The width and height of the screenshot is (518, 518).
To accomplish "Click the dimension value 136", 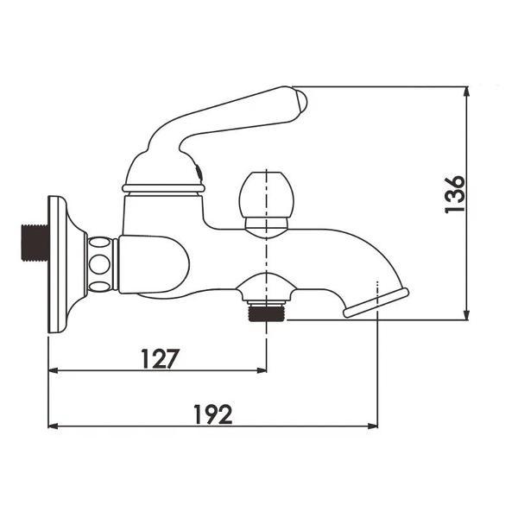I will click(455, 194).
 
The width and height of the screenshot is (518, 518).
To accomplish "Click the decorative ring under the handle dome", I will click(163, 186).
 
